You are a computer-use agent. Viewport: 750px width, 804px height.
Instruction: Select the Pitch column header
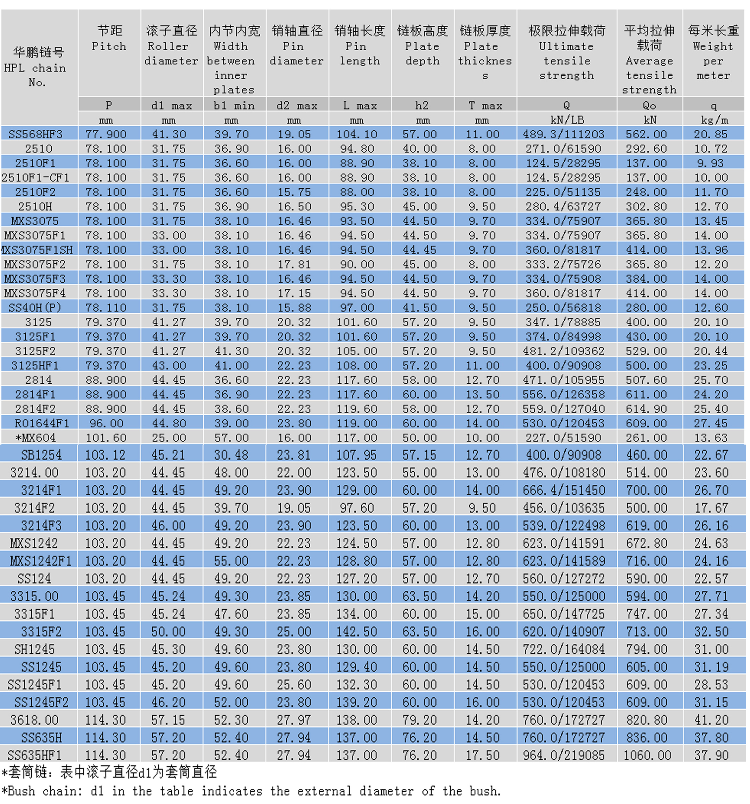pyautogui.click(x=109, y=38)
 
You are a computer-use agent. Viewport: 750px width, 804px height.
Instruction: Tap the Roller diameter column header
pyautogui.click(x=172, y=45)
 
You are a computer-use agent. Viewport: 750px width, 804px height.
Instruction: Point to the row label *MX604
pyautogui.click(x=36, y=438)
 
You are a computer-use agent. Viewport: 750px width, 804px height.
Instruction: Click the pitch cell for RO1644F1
pyautogui.click(x=106, y=423)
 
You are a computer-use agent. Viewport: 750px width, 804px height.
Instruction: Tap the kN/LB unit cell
pyautogui.click(x=566, y=120)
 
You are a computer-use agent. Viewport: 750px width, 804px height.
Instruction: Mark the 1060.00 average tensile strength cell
pyautogui.click(x=647, y=755)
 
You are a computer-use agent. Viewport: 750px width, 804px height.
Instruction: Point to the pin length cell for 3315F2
pyautogui.click(x=357, y=631)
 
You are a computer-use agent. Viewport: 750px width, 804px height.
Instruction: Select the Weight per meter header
pyautogui.click(x=713, y=52)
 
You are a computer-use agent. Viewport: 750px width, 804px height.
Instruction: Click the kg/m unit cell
pyautogui.click(x=713, y=120)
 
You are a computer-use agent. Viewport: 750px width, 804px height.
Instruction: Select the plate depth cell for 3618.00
pyautogui.click(x=419, y=720)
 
